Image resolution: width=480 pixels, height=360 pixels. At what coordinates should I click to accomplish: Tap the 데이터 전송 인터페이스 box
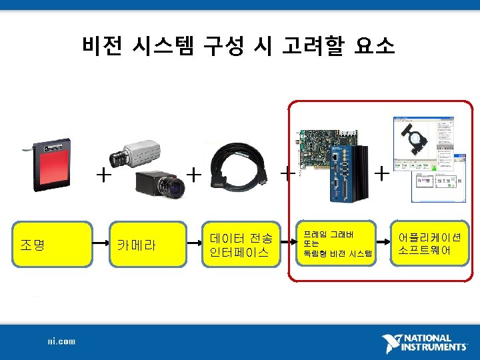point(239,244)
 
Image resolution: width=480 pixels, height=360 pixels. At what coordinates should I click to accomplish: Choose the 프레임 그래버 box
point(333,244)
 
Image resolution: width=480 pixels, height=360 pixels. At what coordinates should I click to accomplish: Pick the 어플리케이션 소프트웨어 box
point(429,244)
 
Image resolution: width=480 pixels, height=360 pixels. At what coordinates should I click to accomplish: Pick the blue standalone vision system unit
point(350,173)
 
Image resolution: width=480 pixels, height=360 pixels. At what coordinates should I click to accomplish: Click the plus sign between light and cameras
point(103,175)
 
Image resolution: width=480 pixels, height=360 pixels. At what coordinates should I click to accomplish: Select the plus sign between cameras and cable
point(193,175)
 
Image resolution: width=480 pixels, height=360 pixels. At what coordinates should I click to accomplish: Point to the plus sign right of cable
point(287,175)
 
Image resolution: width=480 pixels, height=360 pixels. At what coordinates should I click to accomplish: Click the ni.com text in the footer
point(61,341)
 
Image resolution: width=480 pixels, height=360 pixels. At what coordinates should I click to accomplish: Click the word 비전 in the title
point(101,46)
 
